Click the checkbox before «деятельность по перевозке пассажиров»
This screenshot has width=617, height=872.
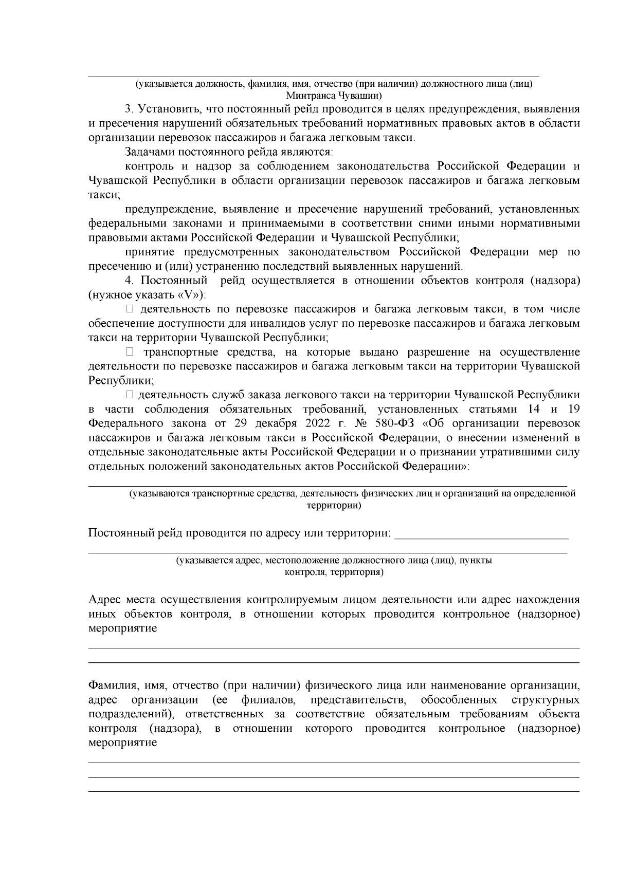tap(130, 309)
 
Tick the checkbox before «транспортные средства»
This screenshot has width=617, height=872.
tap(130, 352)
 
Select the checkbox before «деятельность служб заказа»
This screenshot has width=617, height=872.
tap(130, 395)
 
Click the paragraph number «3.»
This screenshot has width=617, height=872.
tap(129, 109)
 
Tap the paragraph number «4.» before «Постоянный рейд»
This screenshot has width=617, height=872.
tap(129, 281)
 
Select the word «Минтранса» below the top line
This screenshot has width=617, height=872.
tap(310, 95)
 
